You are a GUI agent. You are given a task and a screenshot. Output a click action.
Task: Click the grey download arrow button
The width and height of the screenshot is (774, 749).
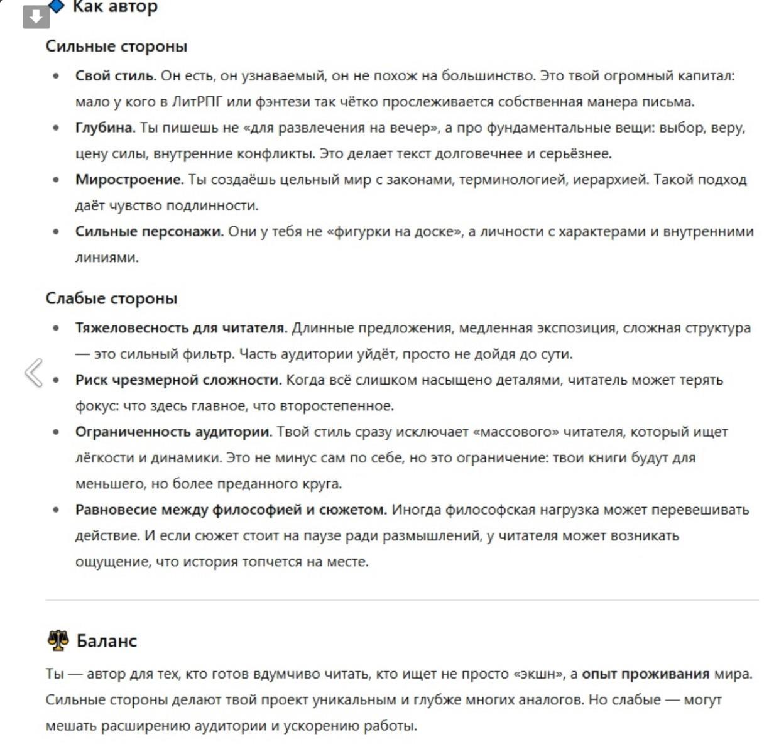click(x=36, y=16)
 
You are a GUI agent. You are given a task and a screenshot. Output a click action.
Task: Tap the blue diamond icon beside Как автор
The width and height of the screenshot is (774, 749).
click(x=57, y=6)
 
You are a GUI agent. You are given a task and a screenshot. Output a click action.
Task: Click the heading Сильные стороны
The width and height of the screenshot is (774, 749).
click(x=116, y=46)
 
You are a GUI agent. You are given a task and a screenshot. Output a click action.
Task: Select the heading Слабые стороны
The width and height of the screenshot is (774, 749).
click(x=111, y=298)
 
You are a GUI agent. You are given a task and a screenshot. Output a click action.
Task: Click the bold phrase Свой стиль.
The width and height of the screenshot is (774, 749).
click(x=116, y=76)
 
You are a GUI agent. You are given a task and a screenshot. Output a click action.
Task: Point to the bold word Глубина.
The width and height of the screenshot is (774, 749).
click(x=105, y=128)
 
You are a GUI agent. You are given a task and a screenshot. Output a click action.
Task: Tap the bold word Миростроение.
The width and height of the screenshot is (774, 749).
click(x=129, y=180)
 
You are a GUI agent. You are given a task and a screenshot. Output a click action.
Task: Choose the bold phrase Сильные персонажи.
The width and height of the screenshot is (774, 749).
click(x=149, y=232)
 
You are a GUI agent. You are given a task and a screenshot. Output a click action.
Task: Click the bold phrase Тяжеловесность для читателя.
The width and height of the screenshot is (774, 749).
click(x=181, y=328)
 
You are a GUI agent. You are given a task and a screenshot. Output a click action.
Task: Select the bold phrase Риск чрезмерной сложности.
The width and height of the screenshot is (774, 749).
click(x=178, y=380)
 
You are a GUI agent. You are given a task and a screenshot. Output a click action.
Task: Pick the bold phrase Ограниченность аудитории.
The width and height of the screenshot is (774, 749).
click(x=173, y=432)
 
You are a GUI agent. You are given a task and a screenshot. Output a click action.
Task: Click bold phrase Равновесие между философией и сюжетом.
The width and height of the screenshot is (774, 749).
click(x=231, y=510)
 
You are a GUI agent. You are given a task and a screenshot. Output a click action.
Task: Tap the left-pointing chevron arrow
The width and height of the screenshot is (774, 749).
click(x=34, y=373)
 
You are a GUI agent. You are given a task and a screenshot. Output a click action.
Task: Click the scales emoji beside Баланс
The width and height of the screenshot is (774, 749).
click(x=58, y=641)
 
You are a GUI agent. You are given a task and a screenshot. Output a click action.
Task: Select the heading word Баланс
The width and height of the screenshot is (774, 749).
click(x=106, y=641)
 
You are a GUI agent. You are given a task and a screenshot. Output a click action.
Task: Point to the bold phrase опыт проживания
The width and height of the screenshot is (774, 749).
click(x=645, y=674)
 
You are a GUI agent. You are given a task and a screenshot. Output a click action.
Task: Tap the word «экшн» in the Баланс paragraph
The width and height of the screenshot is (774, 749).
click(x=539, y=674)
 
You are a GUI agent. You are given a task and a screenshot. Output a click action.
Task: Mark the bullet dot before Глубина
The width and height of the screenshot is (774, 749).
click(x=57, y=128)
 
